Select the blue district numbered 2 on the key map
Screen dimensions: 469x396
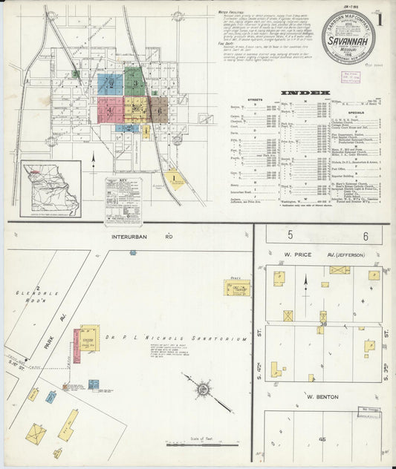pos(110,82)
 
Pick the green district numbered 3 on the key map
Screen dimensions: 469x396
pos(134,82)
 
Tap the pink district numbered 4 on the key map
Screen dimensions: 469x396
pos(109,110)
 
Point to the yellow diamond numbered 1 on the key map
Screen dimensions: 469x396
pos(174,178)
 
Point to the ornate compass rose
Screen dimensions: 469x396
pos(201,387)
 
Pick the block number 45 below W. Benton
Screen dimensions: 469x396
pos(322,439)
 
